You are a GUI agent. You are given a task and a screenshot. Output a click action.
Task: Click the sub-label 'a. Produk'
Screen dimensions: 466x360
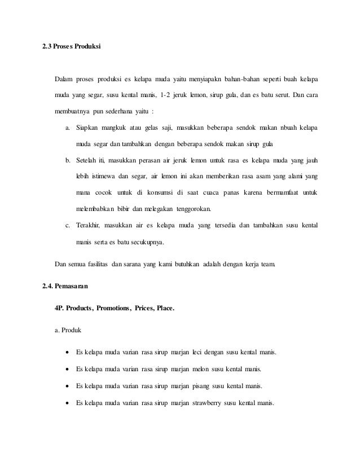[68, 329]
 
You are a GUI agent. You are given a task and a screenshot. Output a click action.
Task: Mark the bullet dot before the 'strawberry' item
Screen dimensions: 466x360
[68, 404]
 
